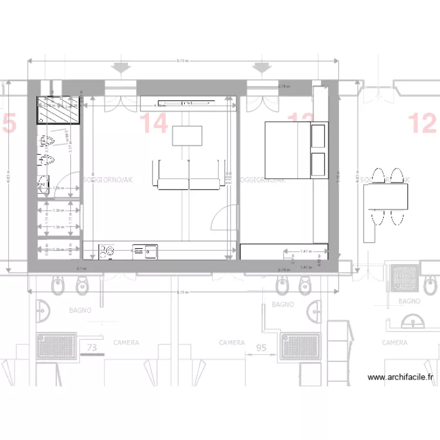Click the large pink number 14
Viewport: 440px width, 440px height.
coord(154,124)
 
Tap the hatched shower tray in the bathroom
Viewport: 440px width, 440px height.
coord(59,111)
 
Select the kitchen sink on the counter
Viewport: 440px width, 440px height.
coord(145,251)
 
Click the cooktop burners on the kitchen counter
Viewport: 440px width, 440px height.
coord(106,251)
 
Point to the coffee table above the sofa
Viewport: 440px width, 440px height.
coord(187,136)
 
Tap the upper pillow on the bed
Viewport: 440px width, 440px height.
coord(319,136)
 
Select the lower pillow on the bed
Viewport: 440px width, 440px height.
coord(319,164)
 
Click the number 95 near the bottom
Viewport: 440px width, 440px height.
coord(261,348)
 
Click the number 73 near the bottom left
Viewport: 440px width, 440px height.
coord(92,348)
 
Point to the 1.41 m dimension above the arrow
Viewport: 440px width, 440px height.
coord(304,251)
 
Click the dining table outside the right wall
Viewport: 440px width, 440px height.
coord(385,197)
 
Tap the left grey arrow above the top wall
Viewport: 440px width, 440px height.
coord(122,67)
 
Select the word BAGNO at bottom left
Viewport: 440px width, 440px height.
coord(80,310)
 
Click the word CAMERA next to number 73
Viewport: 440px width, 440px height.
coord(126,343)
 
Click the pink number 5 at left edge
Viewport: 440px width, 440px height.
coord(9,124)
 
